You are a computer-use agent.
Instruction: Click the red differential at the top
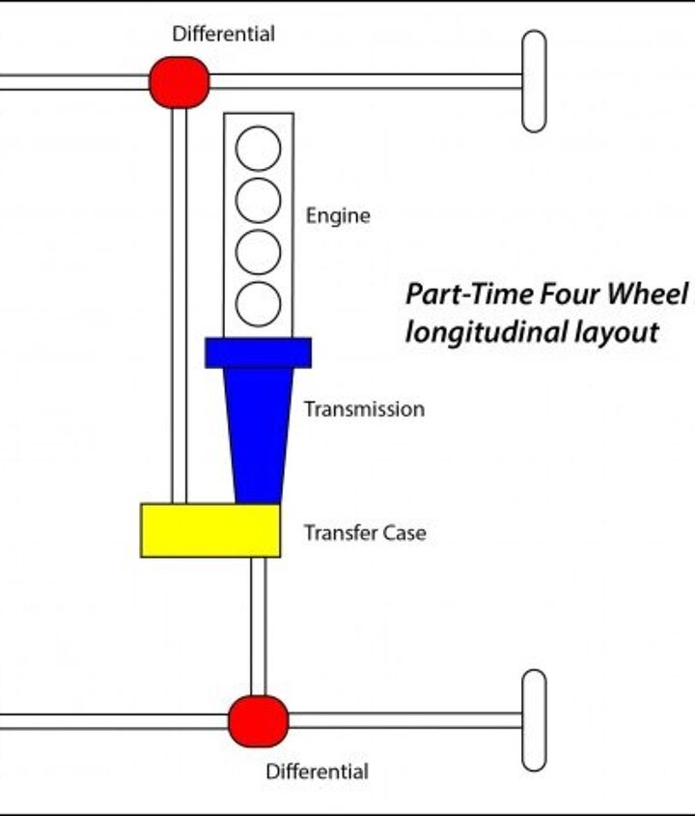click(x=180, y=82)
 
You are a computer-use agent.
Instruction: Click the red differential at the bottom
click(x=258, y=720)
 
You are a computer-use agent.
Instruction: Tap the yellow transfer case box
click(x=210, y=530)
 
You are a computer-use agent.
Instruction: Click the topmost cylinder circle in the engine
click(x=258, y=149)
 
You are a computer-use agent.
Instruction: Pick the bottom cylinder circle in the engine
click(x=258, y=303)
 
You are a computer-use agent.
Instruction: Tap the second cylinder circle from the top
click(x=258, y=200)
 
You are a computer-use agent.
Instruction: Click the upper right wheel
click(x=534, y=81)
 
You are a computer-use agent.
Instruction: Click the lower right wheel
click(x=534, y=719)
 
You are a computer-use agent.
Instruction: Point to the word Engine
click(x=338, y=215)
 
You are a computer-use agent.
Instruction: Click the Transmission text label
click(x=364, y=409)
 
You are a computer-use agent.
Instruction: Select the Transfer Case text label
click(x=364, y=532)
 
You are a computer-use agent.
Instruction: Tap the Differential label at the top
click(x=223, y=35)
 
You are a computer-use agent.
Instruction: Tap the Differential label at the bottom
click(x=317, y=772)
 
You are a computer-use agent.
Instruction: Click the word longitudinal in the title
click(x=484, y=333)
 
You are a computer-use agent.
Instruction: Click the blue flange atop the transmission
click(x=258, y=352)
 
